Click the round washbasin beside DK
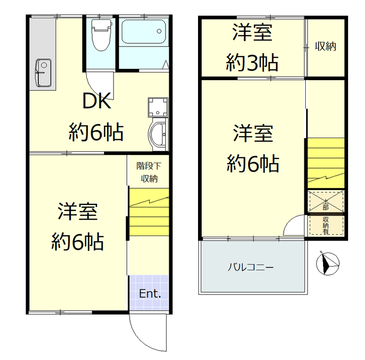pos(158,134)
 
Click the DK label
pos(96,102)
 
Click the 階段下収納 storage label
pos(149,172)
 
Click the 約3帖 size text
pos(252,63)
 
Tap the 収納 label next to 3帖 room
pos(325,46)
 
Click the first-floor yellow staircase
pos(149,212)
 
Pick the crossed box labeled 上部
pos(326,202)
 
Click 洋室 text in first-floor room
pos(77,213)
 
